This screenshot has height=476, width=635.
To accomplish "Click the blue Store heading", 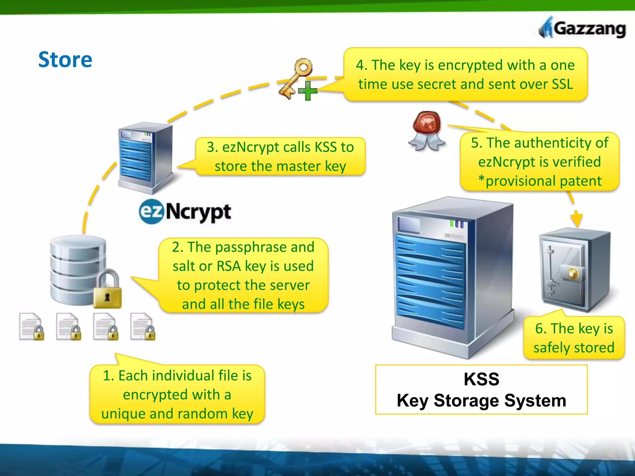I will click(x=65, y=59).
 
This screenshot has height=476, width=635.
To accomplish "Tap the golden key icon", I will click(x=295, y=77).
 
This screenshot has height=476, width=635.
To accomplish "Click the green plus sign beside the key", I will click(x=308, y=91).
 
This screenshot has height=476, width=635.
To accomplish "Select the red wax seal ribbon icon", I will click(x=427, y=130).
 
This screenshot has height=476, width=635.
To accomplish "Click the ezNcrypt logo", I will click(x=185, y=212).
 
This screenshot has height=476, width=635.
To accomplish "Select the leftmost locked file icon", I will click(x=31, y=327).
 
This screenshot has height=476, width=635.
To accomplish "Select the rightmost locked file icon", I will click(x=143, y=327).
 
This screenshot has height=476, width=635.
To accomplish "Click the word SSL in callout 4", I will click(x=562, y=84).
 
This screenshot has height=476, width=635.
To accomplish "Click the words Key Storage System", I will click(x=481, y=400).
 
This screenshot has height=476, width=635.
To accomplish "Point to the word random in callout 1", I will click(x=202, y=414).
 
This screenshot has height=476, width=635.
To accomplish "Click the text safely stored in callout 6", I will click(x=574, y=347).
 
